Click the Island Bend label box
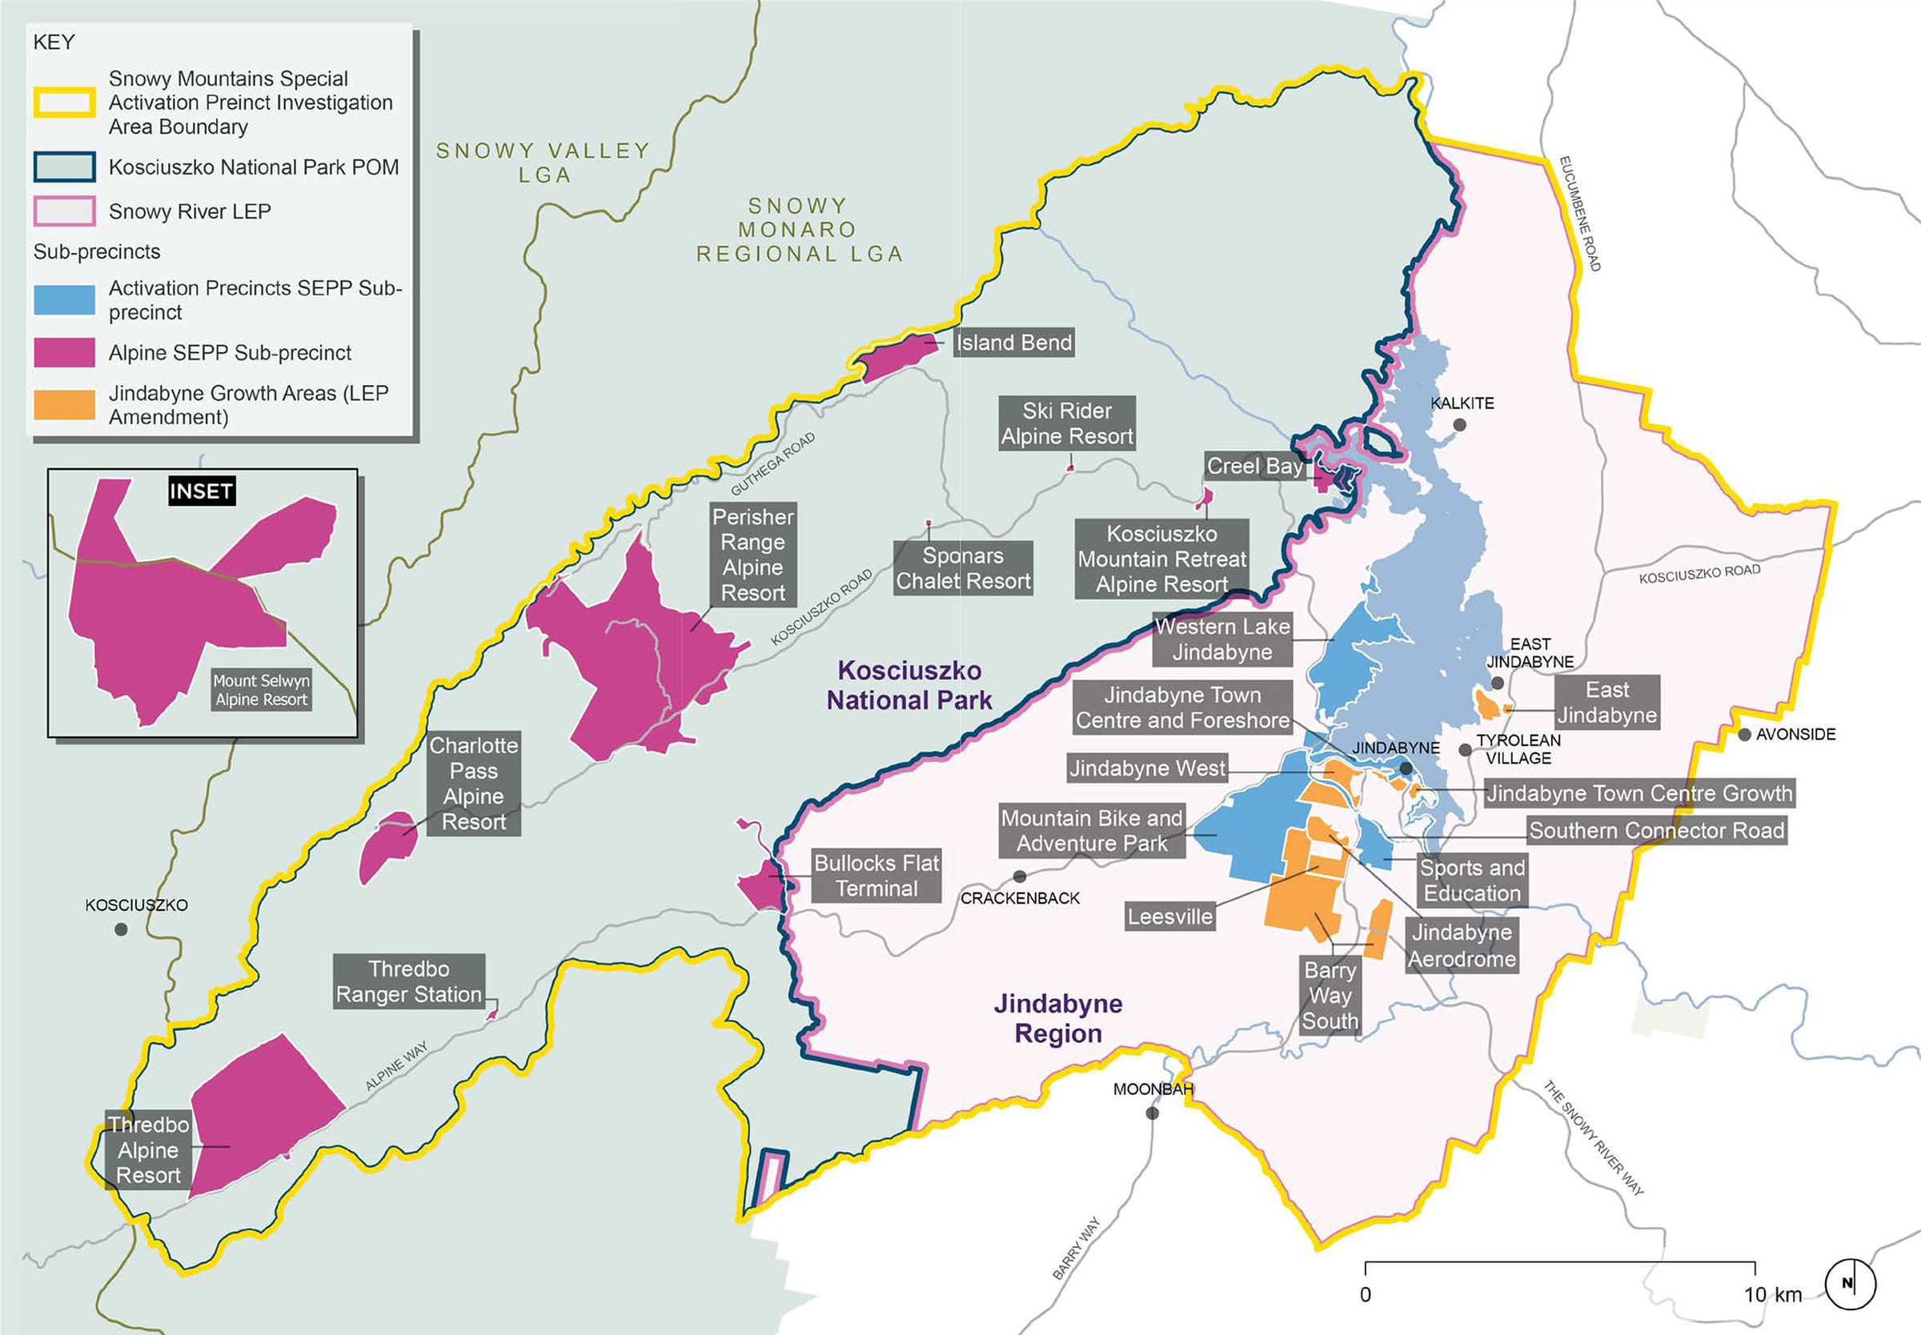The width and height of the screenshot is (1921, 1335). (1013, 342)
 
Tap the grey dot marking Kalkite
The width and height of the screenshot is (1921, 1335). (1459, 425)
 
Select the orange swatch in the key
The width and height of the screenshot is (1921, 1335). (64, 405)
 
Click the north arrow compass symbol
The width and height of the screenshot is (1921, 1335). (1850, 1283)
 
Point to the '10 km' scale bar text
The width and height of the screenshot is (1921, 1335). (1772, 1294)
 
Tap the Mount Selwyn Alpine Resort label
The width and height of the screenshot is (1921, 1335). (261, 690)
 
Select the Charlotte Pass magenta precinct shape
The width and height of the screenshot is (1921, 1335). (388, 846)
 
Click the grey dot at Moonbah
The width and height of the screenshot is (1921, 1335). (1153, 1113)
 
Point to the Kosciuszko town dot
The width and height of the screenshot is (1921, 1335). (122, 929)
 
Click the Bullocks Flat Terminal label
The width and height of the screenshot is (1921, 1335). (876, 876)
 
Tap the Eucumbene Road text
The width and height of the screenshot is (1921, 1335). (1580, 214)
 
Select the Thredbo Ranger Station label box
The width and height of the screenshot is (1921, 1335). (409, 981)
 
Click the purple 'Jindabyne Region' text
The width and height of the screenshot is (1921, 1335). (1058, 1018)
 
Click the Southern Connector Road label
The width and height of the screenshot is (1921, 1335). (1657, 831)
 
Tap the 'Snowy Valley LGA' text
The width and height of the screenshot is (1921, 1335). (543, 162)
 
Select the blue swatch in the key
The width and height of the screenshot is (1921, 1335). (64, 299)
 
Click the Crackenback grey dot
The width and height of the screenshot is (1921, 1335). (1020, 876)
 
